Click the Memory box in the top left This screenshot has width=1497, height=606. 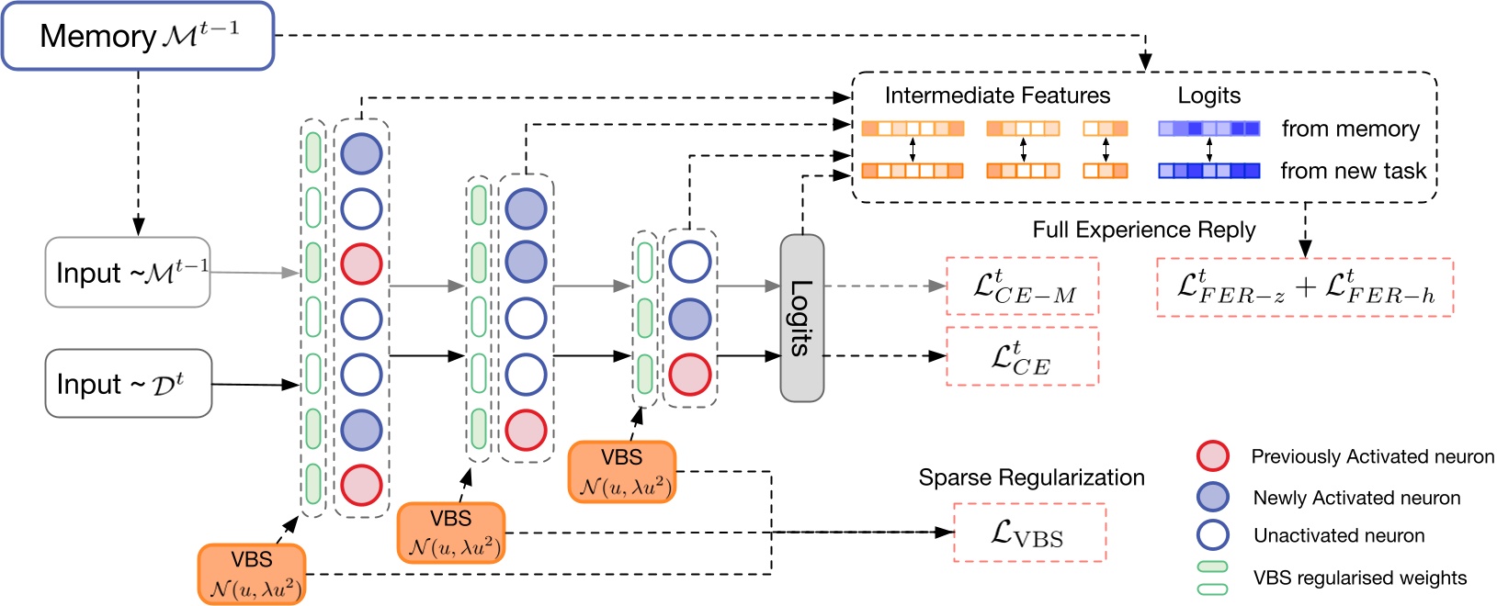138,37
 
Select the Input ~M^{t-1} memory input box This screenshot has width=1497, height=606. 128,273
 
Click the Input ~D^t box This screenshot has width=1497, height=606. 128,384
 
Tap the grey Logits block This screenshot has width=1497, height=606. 801,318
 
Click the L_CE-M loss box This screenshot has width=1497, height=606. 1022,286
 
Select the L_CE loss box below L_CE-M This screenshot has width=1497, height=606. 1022,357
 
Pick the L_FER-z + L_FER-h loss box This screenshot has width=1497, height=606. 1305,287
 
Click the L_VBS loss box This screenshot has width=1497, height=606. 1029,533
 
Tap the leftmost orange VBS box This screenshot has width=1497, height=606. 252,574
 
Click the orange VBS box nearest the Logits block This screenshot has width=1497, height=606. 622,472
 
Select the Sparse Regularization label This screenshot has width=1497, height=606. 1031,477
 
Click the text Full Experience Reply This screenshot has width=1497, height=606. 1143,230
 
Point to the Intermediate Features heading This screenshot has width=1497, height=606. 997,95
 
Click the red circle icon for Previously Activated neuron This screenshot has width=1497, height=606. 1213,456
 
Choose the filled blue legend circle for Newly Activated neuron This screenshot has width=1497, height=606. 1213,497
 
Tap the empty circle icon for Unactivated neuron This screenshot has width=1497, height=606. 1213,535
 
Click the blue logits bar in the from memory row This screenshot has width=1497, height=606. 1208,129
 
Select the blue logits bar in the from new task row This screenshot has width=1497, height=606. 1208,171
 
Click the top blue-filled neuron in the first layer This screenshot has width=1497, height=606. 361,153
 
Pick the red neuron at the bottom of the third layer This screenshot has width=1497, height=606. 689,375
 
